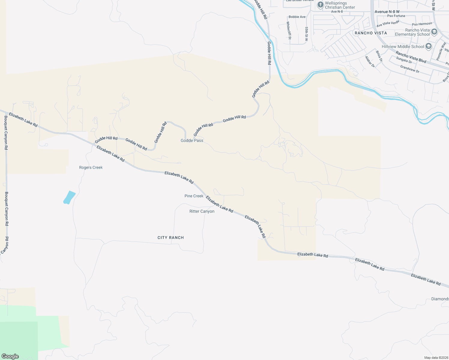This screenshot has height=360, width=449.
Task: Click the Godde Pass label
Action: pyautogui.click(x=192, y=140)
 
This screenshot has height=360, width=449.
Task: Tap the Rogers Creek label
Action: pyautogui.click(x=91, y=167)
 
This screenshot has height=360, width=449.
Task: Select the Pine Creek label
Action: pyautogui.click(x=194, y=196)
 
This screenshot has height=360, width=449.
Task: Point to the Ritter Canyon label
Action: pyautogui.click(x=202, y=211)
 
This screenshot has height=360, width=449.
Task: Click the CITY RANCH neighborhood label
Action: pyautogui.click(x=170, y=238)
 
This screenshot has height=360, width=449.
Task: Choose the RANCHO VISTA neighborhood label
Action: pyautogui.click(x=371, y=33)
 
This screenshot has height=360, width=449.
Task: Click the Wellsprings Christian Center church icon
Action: pyautogui.click(x=320, y=5)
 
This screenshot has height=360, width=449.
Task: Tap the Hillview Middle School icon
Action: pyautogui.click(x=429, y=46)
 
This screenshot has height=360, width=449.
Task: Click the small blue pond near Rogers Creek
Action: pyautogui.click(x=69, y=197)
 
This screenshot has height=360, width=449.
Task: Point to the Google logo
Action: pyautogui.click(x=10, y=356)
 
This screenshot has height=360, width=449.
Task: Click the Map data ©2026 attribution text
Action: pyautogui.click(x=435, y=358)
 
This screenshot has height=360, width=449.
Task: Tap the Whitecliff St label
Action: pyautogui.click(x=289, y=30)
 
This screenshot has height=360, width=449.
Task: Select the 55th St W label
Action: pyautogui.click(x=306, y=34)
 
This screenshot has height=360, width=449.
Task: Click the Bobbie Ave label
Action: pyautogui.click(x=297, y=17)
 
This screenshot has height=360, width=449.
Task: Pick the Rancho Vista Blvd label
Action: pyautogui.click(x=411, y=57)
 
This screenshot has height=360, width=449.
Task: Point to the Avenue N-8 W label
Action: pyautogui.click(x=387, y=12)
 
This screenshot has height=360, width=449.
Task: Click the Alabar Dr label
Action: pyautogui.click(x=370, y=61)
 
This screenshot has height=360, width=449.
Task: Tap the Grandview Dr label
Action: pyautogui.click(x=409, y=69)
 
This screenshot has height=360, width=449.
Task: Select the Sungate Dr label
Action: pyautogui.click(x=404, y=60)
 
